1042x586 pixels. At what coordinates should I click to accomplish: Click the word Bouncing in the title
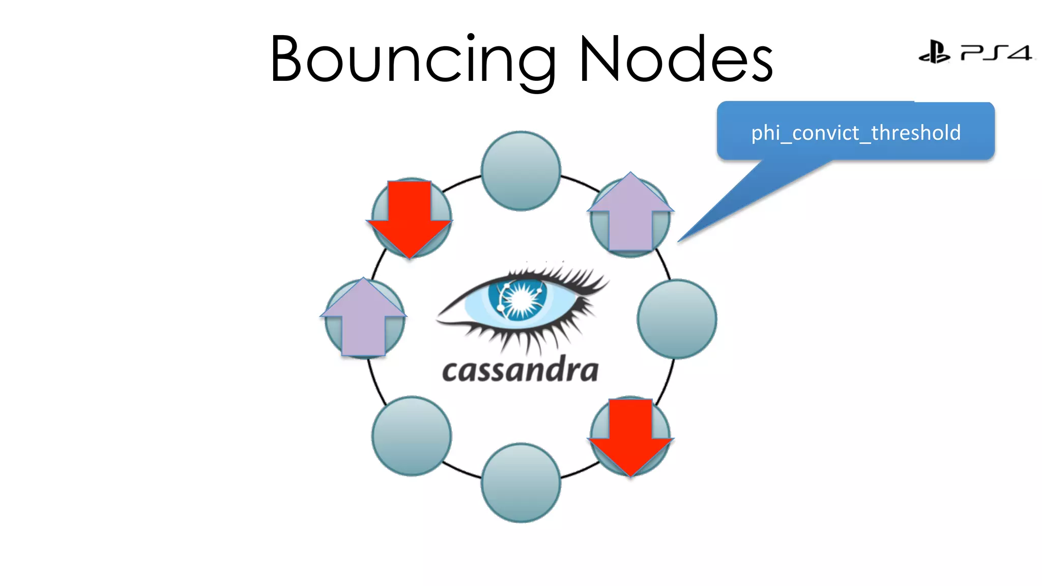412,58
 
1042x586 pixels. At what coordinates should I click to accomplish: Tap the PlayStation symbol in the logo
934,52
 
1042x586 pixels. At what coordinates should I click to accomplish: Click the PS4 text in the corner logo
996,53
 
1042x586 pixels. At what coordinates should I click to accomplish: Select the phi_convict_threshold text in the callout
856,133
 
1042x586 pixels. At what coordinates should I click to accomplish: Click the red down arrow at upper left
410,219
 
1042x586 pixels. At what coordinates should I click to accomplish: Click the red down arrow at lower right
631,437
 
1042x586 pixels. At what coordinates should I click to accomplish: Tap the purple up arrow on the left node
363,318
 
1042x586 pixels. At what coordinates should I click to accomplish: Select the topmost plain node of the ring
521,171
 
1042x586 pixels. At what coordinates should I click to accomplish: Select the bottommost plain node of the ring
521,483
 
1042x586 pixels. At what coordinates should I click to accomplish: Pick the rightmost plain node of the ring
677,319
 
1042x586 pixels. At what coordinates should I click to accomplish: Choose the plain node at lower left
412,436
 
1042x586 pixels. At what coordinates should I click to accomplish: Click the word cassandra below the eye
520,370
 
